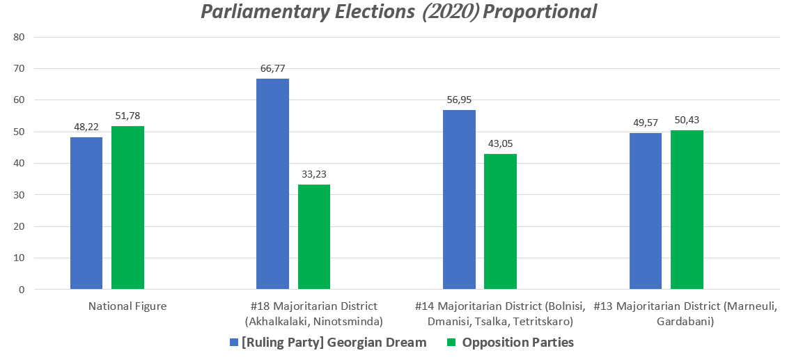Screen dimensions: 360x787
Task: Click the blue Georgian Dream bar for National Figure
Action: click(x=86, y=213)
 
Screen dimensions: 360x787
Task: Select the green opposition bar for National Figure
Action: click(x=127, y=208)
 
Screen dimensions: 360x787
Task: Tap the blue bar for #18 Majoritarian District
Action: click(x=272, y=184)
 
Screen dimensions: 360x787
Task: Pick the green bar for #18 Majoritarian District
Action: click(x=313, y=237)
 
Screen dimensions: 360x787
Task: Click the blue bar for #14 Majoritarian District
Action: click(x=459, y=199)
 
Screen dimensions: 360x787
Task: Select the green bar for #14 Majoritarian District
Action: click(x=500, y=221)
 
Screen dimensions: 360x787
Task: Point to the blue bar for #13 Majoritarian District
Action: click(x=645, y=211)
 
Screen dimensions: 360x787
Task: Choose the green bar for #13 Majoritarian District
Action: click(x=687, y=210)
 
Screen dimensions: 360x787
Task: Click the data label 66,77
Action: click(x=272, y=68)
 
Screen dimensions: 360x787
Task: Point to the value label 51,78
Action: click(x=127, y=116)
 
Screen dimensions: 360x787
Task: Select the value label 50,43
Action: click(x=687, y=120)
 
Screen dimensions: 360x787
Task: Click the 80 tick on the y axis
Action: click(x=19, y=37)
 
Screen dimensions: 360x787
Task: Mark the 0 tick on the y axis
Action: click(x=22, y=289)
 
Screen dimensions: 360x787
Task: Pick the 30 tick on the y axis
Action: click(x=19, y=195)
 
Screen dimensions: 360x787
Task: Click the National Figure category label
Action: click(x=127, y=306)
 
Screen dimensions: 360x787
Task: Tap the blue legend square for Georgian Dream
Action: click(x=233, y=343)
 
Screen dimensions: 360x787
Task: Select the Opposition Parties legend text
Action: click(x=517, y=343)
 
